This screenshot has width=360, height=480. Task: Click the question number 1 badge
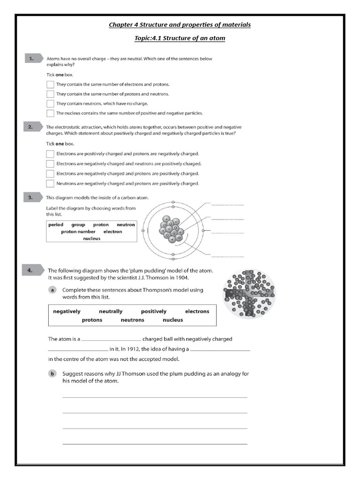coord(32,59)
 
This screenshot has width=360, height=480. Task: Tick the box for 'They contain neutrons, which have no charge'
coord(50,104)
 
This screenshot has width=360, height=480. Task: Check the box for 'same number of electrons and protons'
coord(50,84)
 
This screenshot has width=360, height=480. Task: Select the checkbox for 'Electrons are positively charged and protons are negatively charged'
coord(50,154)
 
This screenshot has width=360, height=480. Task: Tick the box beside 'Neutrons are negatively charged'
coord(50,183)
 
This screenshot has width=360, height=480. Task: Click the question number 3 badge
coord(32,197)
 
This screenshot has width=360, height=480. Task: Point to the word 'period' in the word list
coord(56,225)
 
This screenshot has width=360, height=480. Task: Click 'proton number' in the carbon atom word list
coord(78,232)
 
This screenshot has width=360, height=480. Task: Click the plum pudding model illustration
coord(248,293)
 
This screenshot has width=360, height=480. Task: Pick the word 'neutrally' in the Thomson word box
coord(111,311)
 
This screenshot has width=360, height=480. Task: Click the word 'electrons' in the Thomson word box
coord(197,311)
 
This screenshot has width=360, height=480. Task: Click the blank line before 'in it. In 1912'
coord(78,349)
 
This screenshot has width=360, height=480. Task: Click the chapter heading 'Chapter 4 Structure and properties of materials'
coord(180,25)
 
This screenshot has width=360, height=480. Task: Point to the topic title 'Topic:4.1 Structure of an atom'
coord(180,38)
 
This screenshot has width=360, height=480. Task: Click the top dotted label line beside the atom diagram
coord(227,205)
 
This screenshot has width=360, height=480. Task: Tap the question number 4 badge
coord(32,270)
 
